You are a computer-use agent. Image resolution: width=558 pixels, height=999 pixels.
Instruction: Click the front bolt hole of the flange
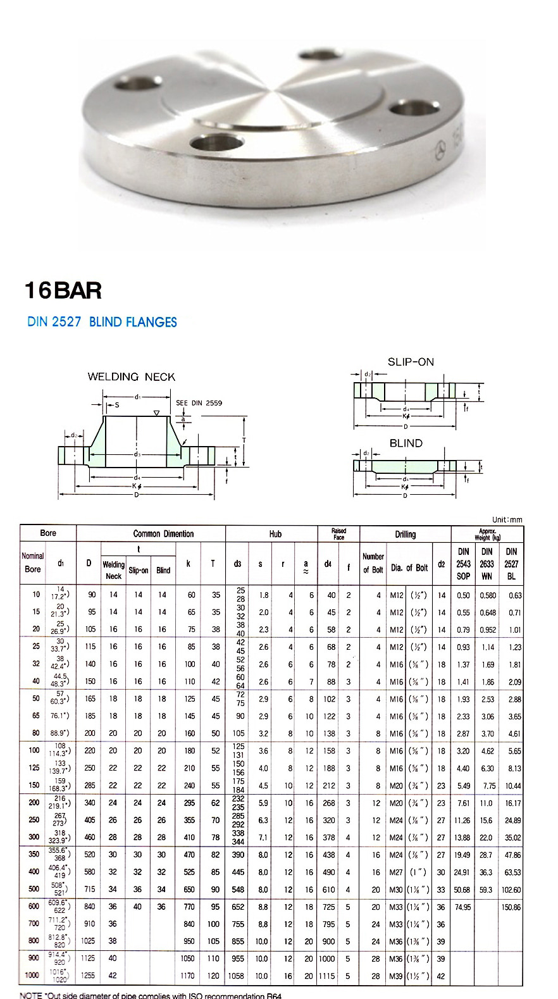(218, 141)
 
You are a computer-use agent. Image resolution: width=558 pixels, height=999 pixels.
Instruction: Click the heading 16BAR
(63, 290)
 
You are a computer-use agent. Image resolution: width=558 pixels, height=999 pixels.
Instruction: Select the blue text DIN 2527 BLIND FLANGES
(102, 322)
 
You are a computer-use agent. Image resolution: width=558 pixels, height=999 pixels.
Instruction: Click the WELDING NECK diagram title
(131, 377)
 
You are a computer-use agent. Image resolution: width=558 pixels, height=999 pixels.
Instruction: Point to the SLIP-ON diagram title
(411, 362)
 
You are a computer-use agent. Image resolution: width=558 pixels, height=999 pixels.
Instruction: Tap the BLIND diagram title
(406, 444)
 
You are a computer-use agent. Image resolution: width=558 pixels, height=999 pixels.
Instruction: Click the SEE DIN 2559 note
(199, 403)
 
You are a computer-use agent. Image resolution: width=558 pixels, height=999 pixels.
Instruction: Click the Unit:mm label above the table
(507, 519)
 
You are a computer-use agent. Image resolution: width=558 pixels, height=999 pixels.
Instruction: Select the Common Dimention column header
(163, 534)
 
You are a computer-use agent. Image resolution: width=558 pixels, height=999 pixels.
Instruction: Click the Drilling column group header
(405, 535)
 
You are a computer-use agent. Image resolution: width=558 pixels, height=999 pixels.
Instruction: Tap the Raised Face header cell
(338, 534)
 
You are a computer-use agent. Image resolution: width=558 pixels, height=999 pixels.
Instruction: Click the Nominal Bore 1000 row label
(32, 976)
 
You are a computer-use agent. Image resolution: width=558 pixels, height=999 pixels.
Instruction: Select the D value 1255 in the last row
(88, 976)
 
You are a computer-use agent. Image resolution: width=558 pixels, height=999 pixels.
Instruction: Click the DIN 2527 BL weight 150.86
(511, 907)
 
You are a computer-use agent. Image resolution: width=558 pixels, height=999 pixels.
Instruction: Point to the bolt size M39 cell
(396, 976)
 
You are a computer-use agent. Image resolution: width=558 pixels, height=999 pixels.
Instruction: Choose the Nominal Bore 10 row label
(36, 595)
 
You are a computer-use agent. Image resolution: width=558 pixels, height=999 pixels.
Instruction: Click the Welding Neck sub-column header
(113, 569)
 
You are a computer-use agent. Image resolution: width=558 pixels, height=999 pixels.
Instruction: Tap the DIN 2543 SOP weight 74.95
(462, 907)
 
